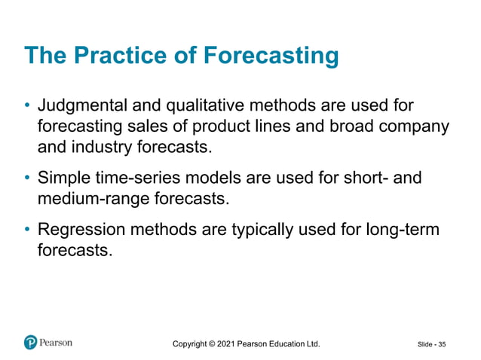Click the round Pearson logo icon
tap(30, 343)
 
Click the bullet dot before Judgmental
tap(27, 104)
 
